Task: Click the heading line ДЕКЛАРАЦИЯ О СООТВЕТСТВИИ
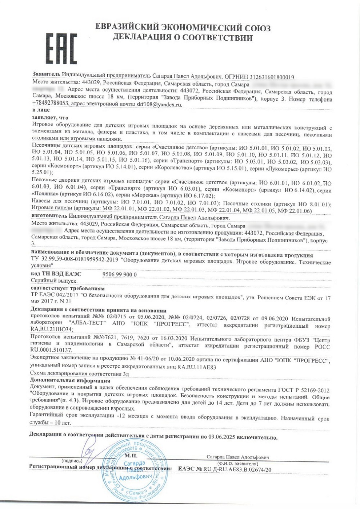[183, 37]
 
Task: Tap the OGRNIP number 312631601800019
[269, 77]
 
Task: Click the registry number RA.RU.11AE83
[197, 367]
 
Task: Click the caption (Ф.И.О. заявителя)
[237, 464]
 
